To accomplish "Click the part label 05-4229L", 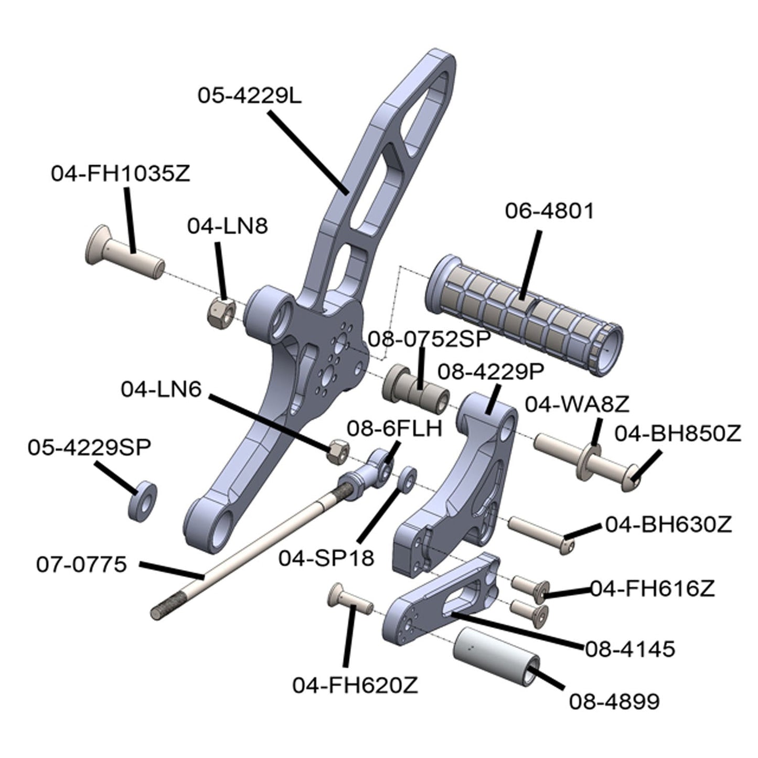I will [x=250, y=95].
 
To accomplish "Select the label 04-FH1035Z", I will [x=121, y=174].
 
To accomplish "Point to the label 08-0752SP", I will [x=429, y=339].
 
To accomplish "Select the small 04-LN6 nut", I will [x=336, y=451].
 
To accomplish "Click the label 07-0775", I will [x=81, y=564].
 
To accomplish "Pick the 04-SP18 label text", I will [x=326, y=558].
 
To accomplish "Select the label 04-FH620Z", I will [x=355, y=685].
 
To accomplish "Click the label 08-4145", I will [x=629, y=649].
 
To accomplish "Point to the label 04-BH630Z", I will [x=668, y=525].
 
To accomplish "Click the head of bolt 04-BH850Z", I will [x=633, y=478].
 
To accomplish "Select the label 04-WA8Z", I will [x=577, y=404].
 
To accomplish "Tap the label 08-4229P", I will [x=491, y=372].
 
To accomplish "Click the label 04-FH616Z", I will [x=653, y=589].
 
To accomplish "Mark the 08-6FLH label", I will [x=394, y=429].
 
